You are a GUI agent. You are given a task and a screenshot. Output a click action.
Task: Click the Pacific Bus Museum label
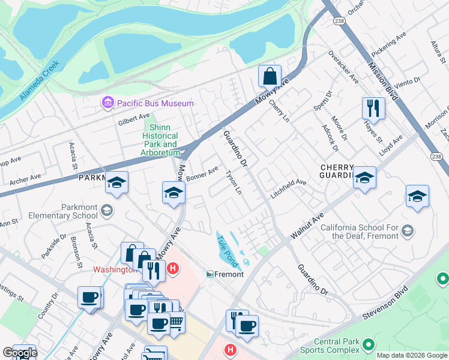point(155,103)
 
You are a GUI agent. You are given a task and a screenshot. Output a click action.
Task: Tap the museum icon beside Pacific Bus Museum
point(108,103)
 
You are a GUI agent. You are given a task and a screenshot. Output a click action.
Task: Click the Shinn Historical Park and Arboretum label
point(160,140)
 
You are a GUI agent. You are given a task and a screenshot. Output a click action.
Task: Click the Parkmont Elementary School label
point(62,211)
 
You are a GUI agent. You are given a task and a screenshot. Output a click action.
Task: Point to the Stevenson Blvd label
point(388,301)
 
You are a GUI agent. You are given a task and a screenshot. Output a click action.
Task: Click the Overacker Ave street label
point(343,67)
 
